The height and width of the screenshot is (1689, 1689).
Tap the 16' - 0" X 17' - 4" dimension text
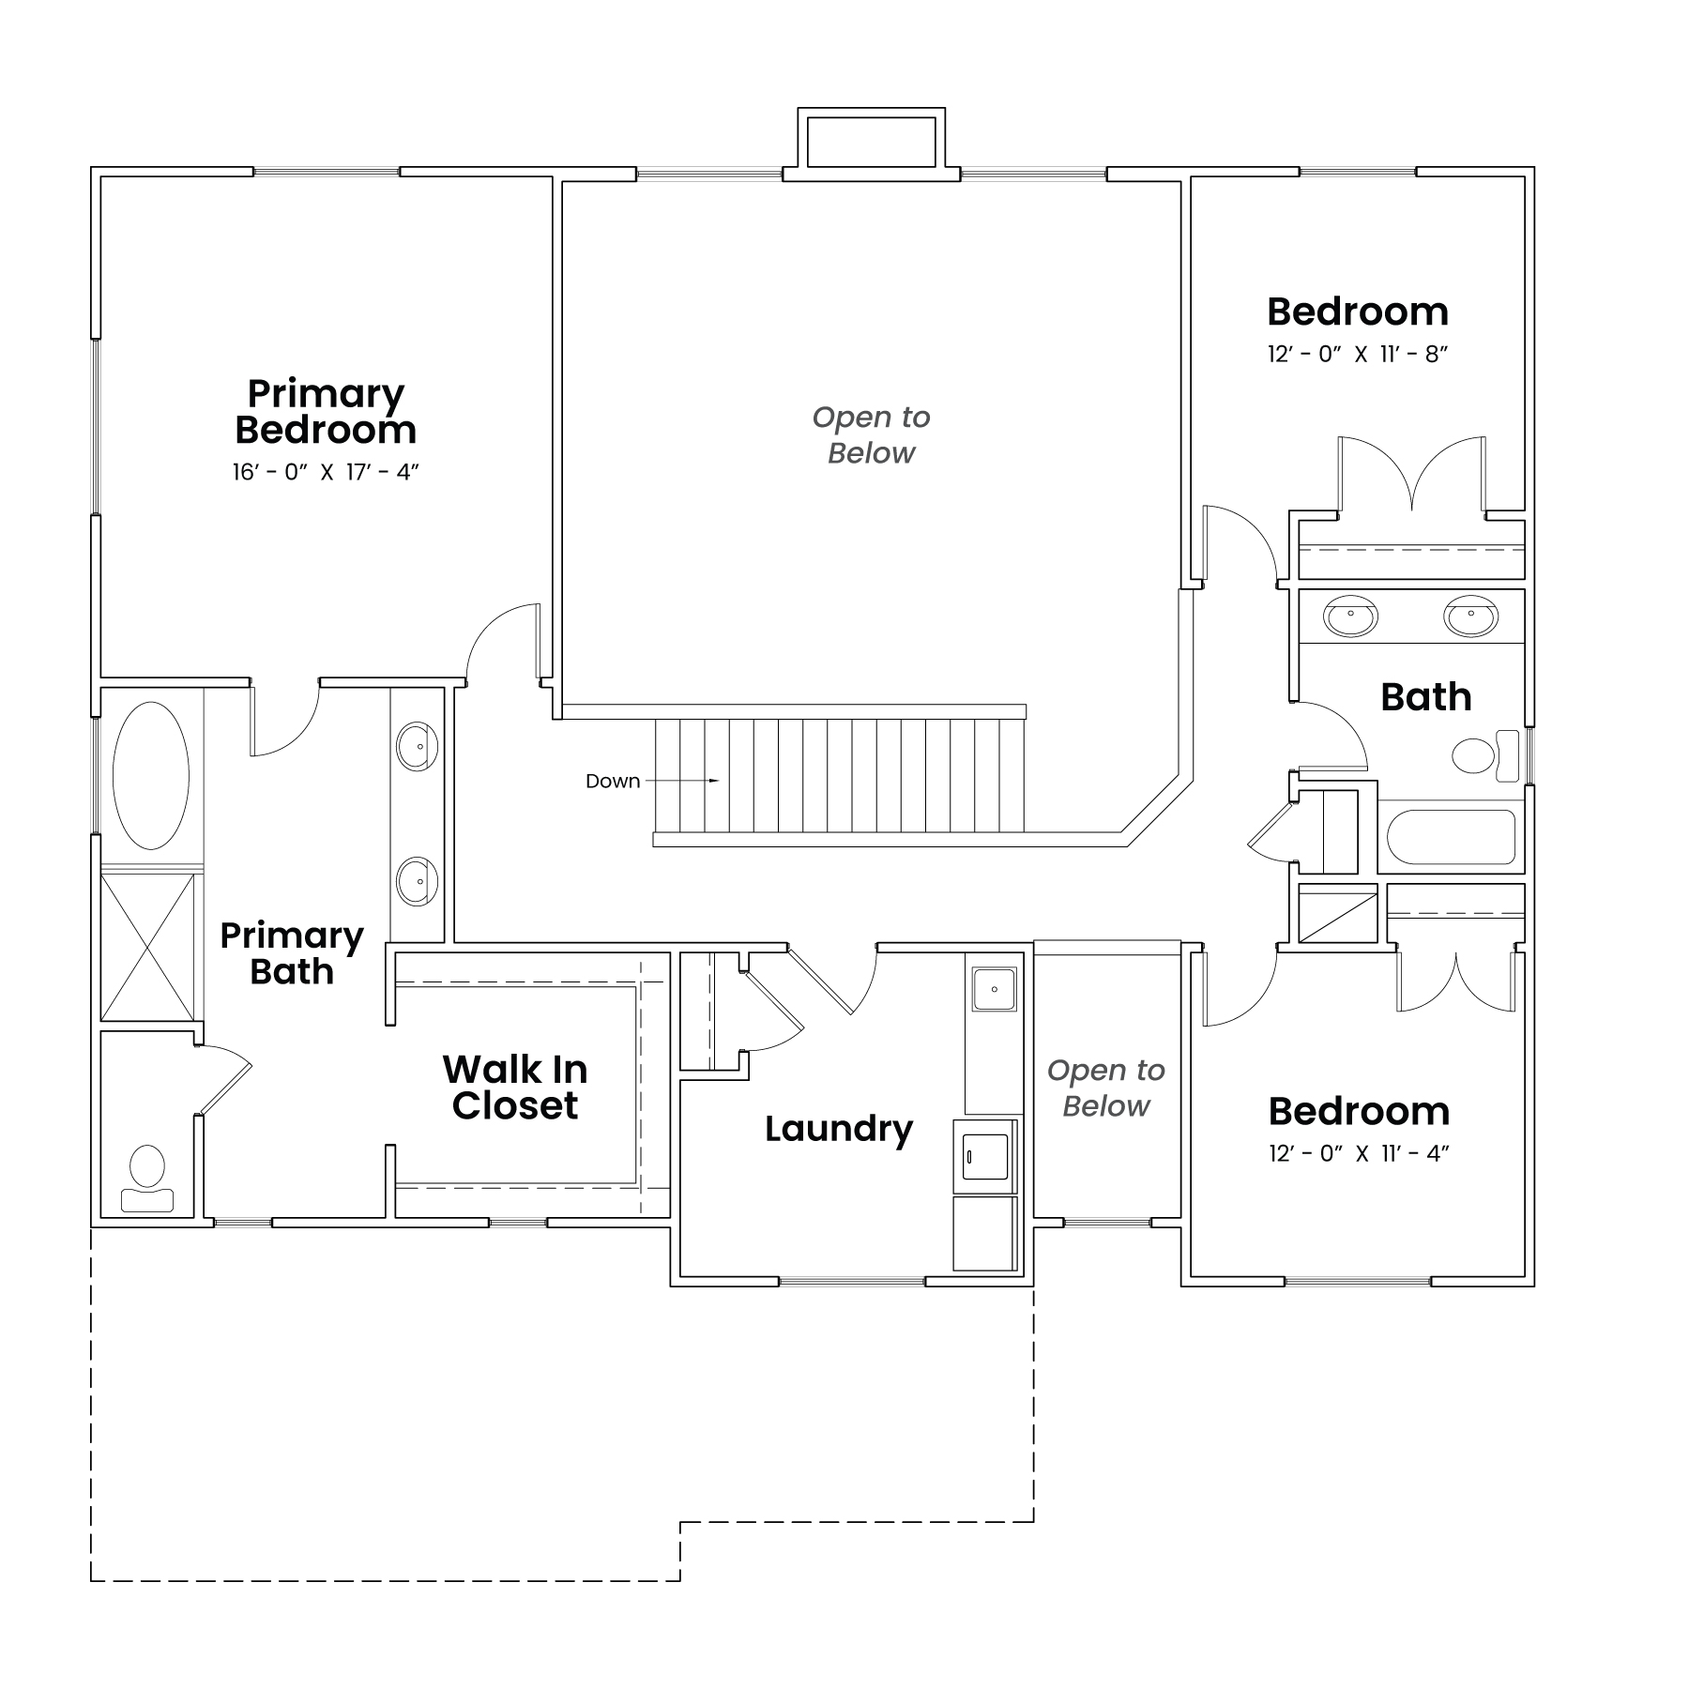[x=326, y=472]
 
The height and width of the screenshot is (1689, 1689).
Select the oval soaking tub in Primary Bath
[x=151, y=776]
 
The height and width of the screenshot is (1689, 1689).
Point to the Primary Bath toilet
[x=146, y=1179]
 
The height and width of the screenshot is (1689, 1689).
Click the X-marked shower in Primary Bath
[x=147, y=947]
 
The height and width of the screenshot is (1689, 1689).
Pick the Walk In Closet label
[x=515, y=1087]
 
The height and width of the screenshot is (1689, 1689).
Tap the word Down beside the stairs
[x=613, y=781]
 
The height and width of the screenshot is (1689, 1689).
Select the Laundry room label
[x=839, y=1129]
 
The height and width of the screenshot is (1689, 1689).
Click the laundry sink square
[x=994, y=989]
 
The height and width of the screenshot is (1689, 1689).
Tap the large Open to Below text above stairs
[x=871, y=434]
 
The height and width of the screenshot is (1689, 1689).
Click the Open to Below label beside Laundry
[x=1106, y=1088]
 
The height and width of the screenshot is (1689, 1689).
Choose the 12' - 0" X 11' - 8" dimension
[x=1359, y=355]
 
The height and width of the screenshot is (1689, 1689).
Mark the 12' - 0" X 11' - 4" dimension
[x=1360, y=1153]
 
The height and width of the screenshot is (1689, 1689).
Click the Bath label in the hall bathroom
[x=1426, y=697]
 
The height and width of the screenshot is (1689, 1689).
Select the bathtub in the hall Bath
[x=1451, y=837]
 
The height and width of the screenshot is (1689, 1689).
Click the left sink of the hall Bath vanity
[x=1350, y=616]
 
